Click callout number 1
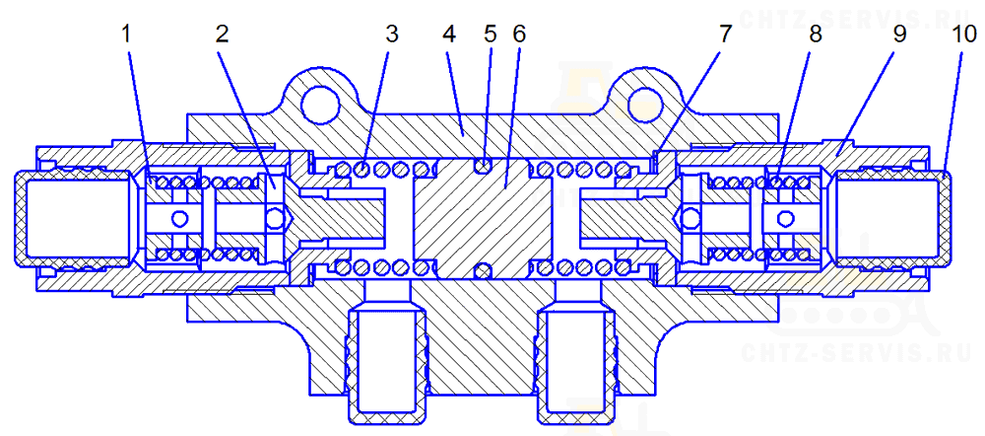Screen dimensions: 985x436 (x=127, y=34)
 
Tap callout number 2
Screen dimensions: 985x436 (x=222, y=34)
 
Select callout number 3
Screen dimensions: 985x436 (x=392, y=34)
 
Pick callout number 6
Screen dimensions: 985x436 (x=518, y=34)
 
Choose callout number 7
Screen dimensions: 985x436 (x=726, y=34)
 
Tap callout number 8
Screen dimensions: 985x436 (x=815, y=34)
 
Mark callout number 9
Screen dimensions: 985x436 (x=900, y=34)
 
